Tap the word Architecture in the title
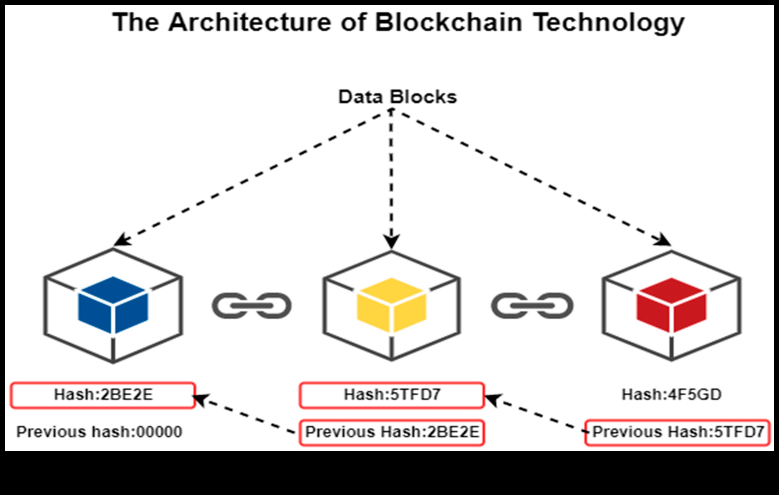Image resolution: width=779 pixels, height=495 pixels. [x=250, y=23]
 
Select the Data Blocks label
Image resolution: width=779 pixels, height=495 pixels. [x=397, y=97]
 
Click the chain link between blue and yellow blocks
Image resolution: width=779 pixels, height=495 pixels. [x=252, y=306]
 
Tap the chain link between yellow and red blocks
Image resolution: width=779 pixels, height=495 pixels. [x=532, y=306]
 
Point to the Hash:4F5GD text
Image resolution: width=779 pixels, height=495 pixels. [x=672, y=395]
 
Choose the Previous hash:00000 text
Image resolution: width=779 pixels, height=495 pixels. [x=99, y=432]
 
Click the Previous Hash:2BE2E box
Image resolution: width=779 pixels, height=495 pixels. [x=392, y=432]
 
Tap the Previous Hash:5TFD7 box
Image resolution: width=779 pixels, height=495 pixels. [x=678, y=432]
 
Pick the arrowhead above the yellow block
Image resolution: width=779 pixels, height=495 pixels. [x=392, y=241]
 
